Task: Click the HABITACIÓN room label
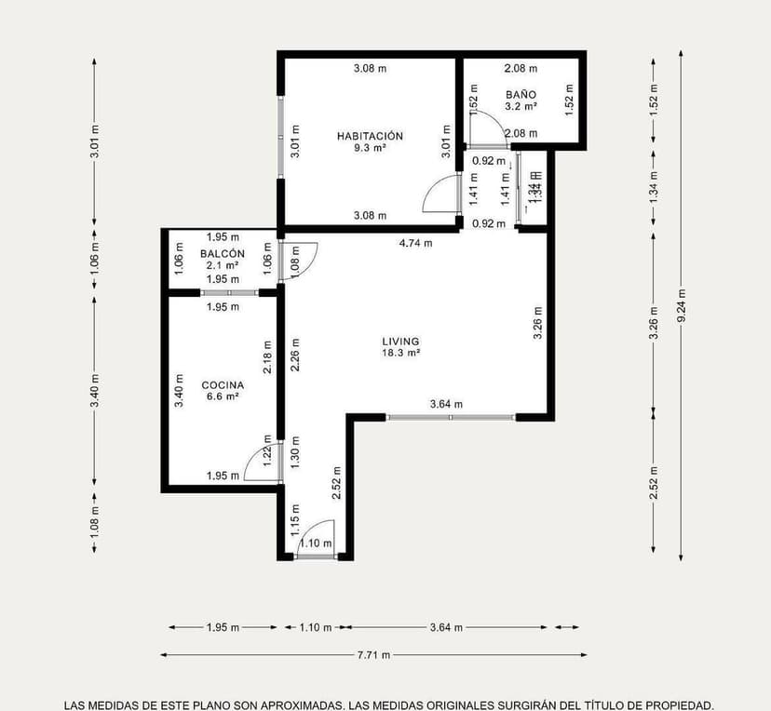pos(370,136)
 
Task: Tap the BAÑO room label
pos(521,95)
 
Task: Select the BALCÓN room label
pos(222,253)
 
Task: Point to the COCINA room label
pos(223,384)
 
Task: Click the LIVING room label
pos(400,342)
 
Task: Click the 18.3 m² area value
pos(400,354)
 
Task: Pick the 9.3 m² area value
pos(370,148)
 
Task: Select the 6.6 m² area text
pos(223,396)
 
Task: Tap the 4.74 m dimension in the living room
pos(415,243)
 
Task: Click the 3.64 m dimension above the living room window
pos(446,404)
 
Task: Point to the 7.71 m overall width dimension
pos(373,654)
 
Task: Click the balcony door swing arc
pos(303,257)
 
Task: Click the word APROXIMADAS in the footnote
pos(264,704)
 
